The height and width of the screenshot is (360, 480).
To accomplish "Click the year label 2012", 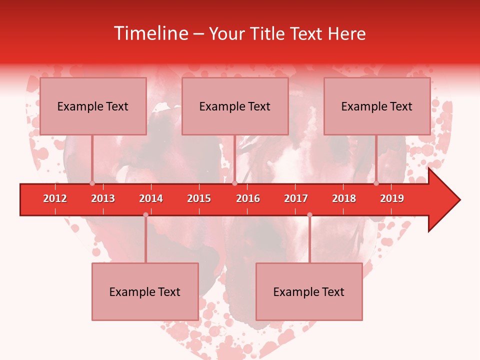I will tap(55, 198).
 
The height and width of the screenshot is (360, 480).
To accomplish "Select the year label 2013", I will tap(103, 198).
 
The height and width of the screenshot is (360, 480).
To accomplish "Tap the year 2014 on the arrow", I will tap(151, 198).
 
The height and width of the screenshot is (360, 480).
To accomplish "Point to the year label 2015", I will tap(199, 198).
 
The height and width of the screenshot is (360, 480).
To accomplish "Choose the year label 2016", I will tap(248, 198).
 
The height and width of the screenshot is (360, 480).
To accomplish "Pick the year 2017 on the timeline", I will tap(296, 198).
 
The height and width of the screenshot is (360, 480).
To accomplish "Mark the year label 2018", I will tap(344, 198).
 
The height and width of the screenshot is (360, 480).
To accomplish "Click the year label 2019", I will tap(392, 198).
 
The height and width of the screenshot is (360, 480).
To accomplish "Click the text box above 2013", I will tap(93, 106).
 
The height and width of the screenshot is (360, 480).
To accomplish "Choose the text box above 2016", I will tap(235, 106).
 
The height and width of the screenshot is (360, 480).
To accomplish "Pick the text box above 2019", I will tap(377, 106).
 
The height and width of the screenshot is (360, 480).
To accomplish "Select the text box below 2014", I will tap(145, 292).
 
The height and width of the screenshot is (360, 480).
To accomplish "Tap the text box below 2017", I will tap(309, 292).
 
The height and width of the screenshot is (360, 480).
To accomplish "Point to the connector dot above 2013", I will tap(92, 183).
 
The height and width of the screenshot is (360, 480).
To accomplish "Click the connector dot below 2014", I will tap(145, 215).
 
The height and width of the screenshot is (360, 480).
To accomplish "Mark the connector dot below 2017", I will tap(309, 215).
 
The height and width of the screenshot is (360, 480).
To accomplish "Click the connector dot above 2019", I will tap(376, 183).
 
